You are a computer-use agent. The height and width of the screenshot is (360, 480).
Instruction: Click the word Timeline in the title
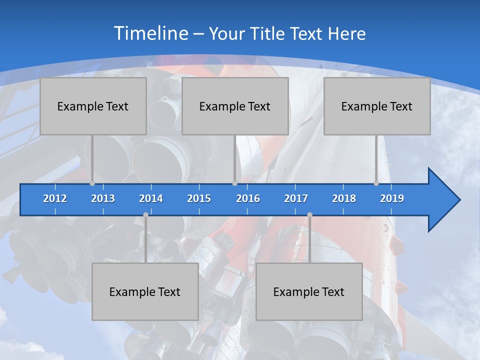[x=151, y=33]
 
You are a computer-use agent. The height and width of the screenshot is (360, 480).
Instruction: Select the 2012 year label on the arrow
[x=55, y=198]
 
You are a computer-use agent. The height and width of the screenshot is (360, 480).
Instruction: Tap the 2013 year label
[x=103, y=198]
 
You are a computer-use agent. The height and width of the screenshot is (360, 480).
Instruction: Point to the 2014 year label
[x=151, y=198]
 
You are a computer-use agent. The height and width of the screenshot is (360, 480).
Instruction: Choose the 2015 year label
[x=199, y=198]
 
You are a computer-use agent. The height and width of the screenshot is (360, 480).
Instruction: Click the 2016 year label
[x=248, y=198]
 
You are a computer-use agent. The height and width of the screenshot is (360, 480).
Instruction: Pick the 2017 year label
[x=296, y=198]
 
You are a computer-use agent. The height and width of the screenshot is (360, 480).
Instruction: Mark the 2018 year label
[x=344, y=198]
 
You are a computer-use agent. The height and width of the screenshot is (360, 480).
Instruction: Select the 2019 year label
[x=392, y=198]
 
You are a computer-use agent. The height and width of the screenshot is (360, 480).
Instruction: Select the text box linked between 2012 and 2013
[x=93, y=106]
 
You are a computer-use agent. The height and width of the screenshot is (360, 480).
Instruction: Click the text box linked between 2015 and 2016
[x=235, y=106]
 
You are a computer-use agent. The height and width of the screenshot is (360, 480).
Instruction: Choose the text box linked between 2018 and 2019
[x=377, y=106]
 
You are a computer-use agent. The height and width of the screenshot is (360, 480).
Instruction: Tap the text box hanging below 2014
[x=145, y=291]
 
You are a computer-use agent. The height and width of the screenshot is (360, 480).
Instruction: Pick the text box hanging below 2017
[x=309, y=291]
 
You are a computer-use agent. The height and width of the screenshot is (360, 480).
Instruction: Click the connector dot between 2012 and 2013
[x=92, y=183]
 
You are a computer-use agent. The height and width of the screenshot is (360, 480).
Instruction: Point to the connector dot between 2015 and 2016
[x=234, y=183]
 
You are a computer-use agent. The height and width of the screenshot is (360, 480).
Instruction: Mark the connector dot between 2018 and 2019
[x=376, y=183]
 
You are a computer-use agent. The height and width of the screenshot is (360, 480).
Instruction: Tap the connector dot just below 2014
[x=145, y=214]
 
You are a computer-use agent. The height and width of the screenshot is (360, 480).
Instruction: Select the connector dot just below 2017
[x=309, y=214]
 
